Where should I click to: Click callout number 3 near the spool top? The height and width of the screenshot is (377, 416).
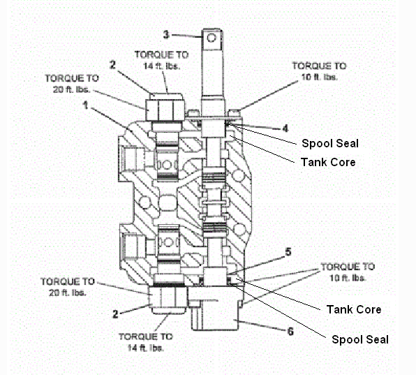166,34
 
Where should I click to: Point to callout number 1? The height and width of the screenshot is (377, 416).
85,105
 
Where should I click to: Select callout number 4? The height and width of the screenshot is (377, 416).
285,128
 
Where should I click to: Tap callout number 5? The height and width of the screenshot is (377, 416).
288,252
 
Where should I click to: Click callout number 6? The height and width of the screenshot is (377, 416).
291,331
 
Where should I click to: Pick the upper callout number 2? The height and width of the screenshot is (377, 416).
113,65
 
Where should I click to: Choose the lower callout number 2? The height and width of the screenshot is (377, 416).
115,314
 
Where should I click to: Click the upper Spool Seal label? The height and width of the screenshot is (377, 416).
330,144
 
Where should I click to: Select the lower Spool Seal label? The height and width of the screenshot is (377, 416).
360,339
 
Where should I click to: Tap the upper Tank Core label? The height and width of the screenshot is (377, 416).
328,162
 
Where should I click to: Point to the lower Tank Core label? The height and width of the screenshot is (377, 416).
354,309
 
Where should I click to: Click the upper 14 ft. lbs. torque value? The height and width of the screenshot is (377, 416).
161,66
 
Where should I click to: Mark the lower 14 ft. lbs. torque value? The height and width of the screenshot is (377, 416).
146,348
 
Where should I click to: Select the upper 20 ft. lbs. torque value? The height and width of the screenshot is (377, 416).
72,89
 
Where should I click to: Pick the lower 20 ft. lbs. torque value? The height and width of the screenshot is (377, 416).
68,293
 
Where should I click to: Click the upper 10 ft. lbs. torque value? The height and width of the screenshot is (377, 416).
319,77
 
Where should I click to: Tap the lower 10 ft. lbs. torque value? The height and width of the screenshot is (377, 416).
348,278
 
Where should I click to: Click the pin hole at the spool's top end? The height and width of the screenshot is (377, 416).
211,38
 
